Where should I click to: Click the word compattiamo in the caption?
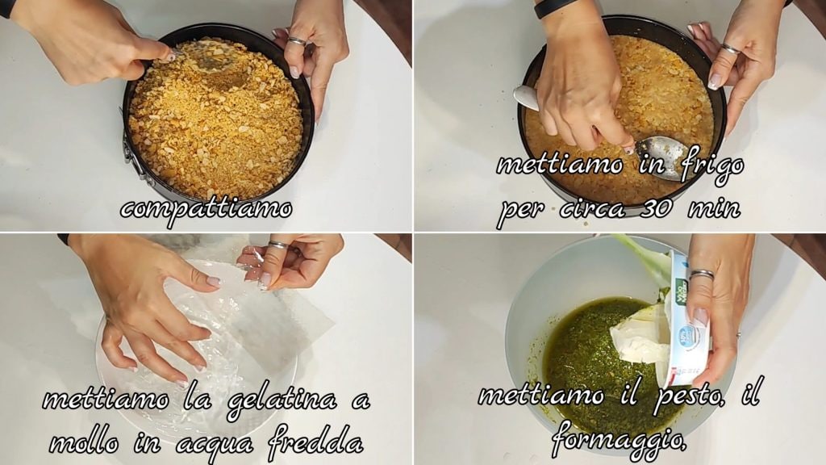tap(206, 210)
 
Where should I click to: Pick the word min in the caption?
tap(715, 209)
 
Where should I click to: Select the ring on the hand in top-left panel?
tap(297, 41)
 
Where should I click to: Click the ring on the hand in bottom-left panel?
tap(277, 245)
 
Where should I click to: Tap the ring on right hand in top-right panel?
tap(732, 50)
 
